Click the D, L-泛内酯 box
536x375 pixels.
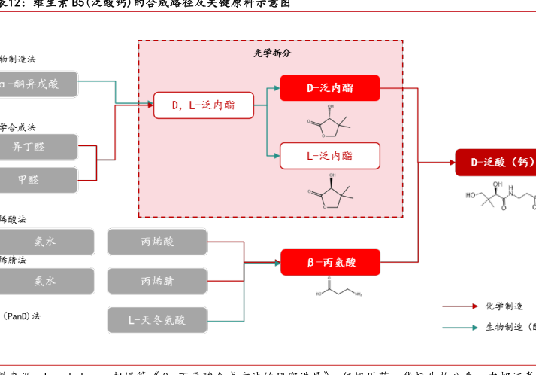(x=203, y=105)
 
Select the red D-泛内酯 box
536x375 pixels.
(x=329, y=88)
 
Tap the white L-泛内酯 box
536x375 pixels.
(x=329, y=155)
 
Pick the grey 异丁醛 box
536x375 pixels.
(x=38, y=147)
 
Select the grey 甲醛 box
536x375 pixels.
(x=38, y=180)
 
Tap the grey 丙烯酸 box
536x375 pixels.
(x=157, y=242)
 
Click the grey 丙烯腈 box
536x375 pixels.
(x=157, y=281)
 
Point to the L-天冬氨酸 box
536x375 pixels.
(x=157, y=319)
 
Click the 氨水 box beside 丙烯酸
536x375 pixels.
(x=45, y=242)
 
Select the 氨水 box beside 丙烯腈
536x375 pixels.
(x=45, y=281)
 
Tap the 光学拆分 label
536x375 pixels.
(x=271, y=53)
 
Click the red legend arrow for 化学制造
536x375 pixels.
(x=459, y=306)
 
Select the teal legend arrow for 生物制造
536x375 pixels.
(x=459, y=327)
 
